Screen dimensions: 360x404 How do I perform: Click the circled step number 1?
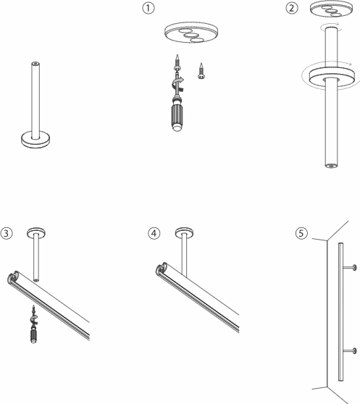pyautogui.click(x=148, y=8)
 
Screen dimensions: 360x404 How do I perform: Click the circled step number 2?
pyautogui.click(x=292, y=8)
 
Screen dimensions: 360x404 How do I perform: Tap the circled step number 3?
pyautogui.click(x=7, y=233)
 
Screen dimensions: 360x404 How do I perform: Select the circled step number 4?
pyautogui.click(x=154, y=233)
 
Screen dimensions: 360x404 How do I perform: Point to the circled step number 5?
pyautogui.click(x=301, y=233)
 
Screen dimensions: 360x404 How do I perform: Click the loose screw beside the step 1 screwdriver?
pyautogui.click(x=201, y=71)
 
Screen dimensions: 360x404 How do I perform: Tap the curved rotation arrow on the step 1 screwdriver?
pyautogui.click(x=177, y=84)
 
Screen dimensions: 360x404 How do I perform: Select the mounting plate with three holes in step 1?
pyautogui.click(x=191, y=33)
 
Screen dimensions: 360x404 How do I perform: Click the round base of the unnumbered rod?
pyautogui.click(x=35, y=140)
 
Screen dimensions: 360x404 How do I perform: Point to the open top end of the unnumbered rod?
pyautogui.click(x=35, y=64)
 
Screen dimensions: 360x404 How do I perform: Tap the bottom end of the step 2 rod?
pyautogui.click(x=331, y=165)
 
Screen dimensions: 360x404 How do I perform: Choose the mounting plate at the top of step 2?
pyautogui.click(x=331, y=10)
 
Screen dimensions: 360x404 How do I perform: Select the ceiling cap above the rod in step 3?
pyautogui.click(x=36, y=232)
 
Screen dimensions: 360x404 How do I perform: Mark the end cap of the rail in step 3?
pyautogui.click(x=13, y=277)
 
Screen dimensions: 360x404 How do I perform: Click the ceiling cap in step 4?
pyautogui.click(x=185, y=232)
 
